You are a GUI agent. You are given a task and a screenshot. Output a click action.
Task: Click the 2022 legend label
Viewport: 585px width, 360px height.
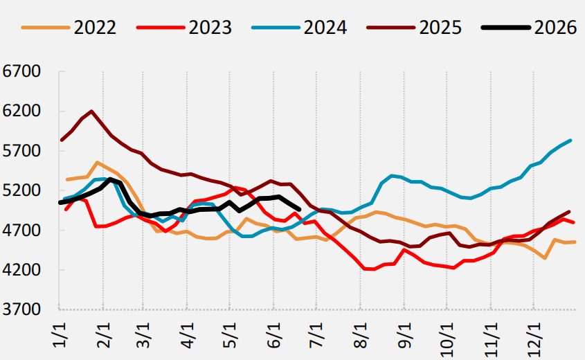coord(95,28)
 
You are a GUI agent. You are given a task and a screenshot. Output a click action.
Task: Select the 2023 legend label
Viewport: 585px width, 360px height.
coord(210,28)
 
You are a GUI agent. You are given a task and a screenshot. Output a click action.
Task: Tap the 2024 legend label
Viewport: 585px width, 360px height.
coord(325,28)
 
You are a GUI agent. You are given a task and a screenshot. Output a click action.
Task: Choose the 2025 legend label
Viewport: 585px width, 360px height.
coord(440,28)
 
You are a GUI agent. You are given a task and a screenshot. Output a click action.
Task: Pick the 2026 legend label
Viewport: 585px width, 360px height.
coord(555,28)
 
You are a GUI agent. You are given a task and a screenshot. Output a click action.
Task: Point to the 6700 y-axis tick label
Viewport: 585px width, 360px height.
coord(21,71)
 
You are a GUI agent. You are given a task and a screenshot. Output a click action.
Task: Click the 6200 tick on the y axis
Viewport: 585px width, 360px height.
coord(21,111)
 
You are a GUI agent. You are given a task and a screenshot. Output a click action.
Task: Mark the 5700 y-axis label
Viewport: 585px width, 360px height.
coord(21,151)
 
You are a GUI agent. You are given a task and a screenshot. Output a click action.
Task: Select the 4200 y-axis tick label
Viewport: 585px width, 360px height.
coord(21,270)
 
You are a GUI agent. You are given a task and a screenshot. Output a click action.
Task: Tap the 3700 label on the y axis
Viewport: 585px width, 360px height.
coord(21,309)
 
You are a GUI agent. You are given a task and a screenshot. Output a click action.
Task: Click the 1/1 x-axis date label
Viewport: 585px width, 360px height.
coord(60,335)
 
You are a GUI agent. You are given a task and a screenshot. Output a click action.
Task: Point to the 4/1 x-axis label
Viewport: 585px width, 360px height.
coord(188,335)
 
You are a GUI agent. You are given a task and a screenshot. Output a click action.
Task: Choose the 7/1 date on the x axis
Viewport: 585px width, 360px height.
coord(317,335)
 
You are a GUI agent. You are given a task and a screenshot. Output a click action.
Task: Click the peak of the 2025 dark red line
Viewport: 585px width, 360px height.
coord(91,111)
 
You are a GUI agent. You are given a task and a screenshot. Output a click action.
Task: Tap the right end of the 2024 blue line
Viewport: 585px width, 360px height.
coord(570,141)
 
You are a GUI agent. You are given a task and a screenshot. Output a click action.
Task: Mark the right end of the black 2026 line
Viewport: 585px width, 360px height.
coord(300,210)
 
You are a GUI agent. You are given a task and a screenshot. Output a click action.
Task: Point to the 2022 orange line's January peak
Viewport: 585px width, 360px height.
coord(97,162)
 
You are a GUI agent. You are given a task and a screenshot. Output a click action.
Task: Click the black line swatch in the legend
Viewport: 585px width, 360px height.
coord(505,28)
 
